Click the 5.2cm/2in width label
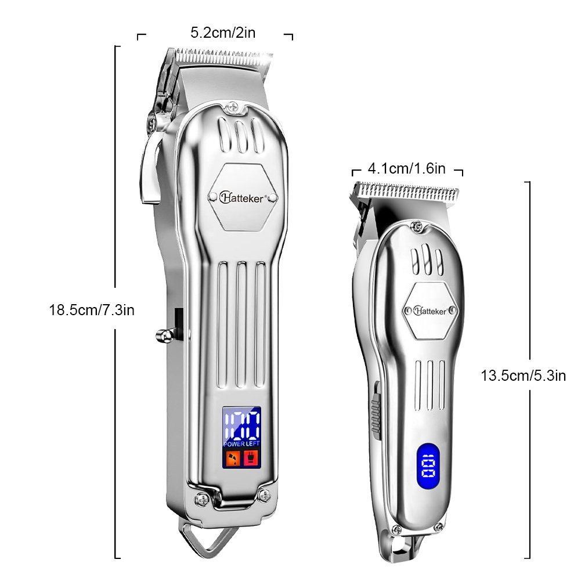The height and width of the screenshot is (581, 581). click(x=223, y=33)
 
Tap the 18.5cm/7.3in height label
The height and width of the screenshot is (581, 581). click(x=92, y=310)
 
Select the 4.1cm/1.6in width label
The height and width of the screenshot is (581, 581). click(x=407, y=169)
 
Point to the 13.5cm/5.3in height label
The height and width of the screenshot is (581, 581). click(x=523, y=375)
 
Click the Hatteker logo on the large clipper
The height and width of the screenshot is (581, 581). click(x=243, y=197)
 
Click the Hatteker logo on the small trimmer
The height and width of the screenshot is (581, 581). click(x=431, y=311)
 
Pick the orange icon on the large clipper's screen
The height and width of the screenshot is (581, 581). click(x=233, y=459)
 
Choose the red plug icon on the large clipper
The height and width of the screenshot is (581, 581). click(x=251, y=459)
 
